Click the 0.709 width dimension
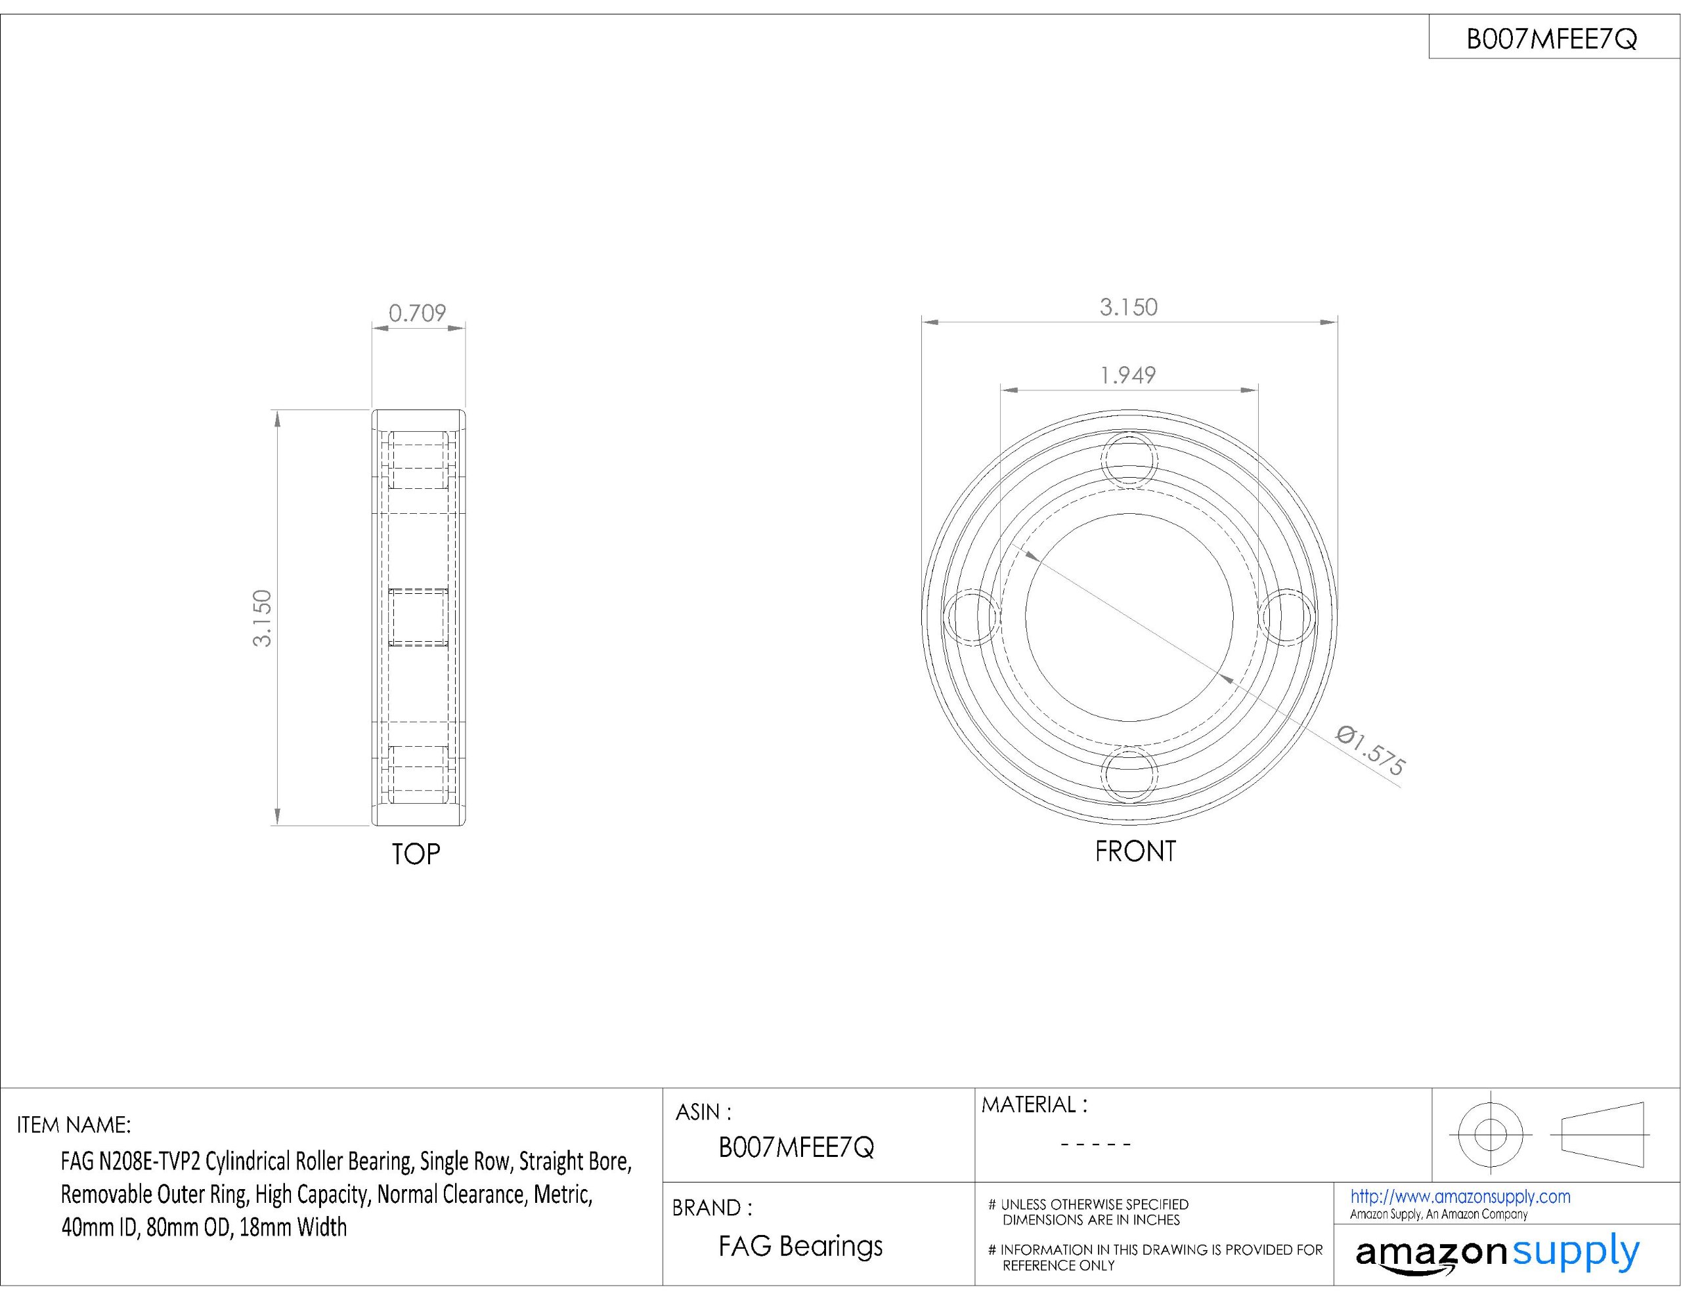coord(417,313)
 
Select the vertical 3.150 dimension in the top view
coord(263,618)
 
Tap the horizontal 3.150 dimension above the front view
coord(1128,307)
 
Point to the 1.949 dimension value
coord(1127,375)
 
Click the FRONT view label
coord(1135,851)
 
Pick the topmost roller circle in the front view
coord(1129,460)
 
